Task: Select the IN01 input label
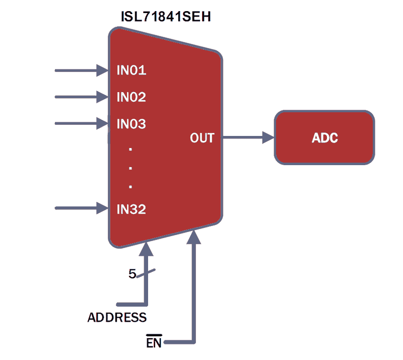click(131, 70)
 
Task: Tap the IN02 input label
click(131, 97)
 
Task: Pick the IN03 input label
click(131, 124)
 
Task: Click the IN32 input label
click(131, 209)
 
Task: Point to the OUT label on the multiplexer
click(202, 138)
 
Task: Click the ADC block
click(324, 138)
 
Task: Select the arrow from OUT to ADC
click(247, 137)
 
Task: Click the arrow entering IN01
click(81, 70)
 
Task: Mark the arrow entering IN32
click(81, 207)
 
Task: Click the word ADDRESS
click(117, 318)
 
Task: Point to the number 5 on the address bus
click(132, 274)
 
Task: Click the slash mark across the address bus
click(146, 273)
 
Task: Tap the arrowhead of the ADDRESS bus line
click(146, 248)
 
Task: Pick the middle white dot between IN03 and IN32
click(130, 168)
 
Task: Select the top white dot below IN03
click(130, 149)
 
